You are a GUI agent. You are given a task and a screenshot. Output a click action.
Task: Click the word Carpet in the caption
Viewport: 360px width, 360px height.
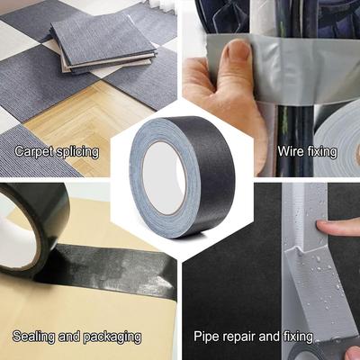point(34,151)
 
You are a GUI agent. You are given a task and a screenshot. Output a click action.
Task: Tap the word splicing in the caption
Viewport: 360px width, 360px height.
point(77,151)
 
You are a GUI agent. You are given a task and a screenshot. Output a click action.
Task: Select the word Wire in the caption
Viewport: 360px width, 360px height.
point(287,151)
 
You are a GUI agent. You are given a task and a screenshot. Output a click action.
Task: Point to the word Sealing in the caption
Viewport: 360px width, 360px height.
point(34,337)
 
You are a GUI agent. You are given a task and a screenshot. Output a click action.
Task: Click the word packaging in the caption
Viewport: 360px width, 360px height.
point(112,337)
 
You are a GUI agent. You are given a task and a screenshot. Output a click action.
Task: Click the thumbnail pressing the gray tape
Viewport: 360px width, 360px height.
point(238,50)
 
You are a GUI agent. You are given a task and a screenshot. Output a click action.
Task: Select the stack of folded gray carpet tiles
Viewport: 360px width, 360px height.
point(103,44)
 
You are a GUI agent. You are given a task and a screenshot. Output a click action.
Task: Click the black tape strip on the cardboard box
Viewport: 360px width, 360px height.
point(108,270)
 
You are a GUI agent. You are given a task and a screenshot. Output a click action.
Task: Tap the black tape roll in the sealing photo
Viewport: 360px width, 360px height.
point(32,228)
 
